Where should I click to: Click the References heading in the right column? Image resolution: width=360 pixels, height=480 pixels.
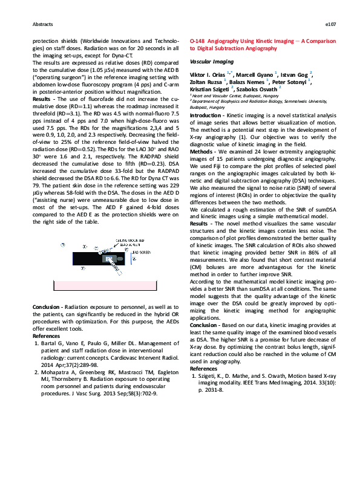click(204, 368)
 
